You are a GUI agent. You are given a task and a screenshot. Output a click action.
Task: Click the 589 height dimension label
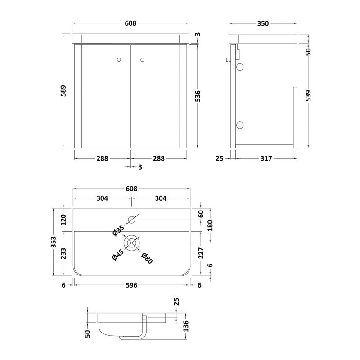[63, 91]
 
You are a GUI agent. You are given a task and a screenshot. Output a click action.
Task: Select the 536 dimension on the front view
[197, 96]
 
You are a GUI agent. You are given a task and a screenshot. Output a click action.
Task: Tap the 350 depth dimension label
[263, 23]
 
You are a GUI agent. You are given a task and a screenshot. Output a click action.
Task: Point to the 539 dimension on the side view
[308, 96]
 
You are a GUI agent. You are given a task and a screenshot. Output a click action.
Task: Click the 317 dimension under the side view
[266, 158]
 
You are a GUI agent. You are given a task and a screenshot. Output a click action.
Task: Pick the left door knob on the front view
[119, 60]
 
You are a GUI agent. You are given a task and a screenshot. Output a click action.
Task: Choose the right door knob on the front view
[142, 60]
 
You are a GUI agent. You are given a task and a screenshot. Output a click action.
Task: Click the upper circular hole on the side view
[240, 67]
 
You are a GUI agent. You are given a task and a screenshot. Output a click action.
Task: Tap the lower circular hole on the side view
[240, 125]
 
